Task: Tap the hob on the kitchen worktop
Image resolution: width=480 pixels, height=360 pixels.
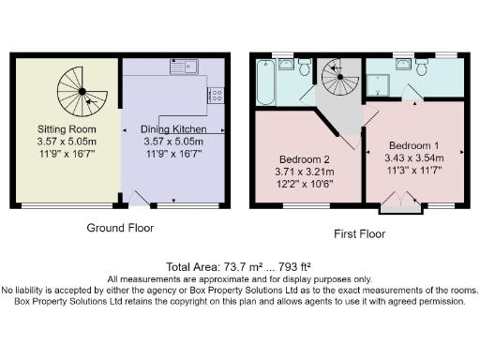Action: tap(216, 95)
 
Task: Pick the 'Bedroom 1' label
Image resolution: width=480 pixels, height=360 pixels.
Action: tap(414, 145)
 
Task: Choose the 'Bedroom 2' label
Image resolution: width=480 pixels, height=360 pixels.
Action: tap(305, 158)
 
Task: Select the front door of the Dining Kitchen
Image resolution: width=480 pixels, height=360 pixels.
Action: tap(142, 197)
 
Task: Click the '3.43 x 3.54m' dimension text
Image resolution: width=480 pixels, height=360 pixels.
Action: tap(414, 158)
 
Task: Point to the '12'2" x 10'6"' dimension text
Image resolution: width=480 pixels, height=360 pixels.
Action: tap(305, 185)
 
